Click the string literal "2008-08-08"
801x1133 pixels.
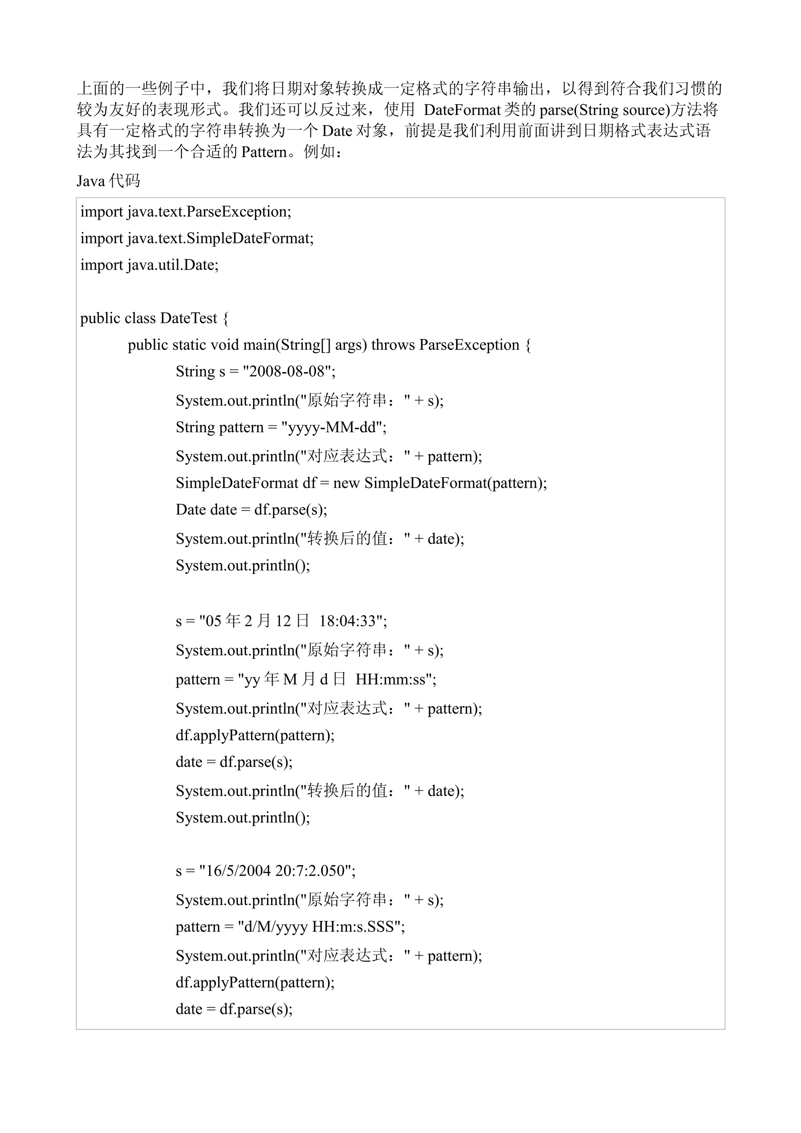coord(287,371)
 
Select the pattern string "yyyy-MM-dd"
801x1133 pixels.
coord(334,427)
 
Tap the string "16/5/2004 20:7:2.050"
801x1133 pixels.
coord(277,871)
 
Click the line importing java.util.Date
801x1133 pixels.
coord(149,265)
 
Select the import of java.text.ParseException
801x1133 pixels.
coord(185,212)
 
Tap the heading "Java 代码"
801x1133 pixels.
coord(108,181)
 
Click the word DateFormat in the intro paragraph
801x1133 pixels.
coord(462,109)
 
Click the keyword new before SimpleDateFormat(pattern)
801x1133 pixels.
coord(347,483)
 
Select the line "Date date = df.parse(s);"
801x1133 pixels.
coord(251,510)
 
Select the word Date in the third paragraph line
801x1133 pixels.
coord(337,131)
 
